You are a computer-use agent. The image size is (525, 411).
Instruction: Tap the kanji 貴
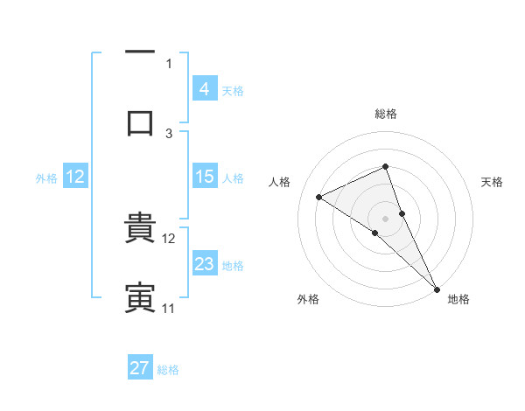click(140, 229)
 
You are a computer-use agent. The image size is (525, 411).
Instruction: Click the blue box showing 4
click(204, 88)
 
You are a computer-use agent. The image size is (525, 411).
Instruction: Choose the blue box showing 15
click(204, 177)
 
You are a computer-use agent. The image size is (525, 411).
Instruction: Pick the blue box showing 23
click(204, 264)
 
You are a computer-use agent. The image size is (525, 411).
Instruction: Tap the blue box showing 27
click(140, 368)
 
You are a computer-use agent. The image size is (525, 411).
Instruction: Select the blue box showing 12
click(75, 177)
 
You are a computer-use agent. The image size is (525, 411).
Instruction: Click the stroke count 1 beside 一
click(169, 63)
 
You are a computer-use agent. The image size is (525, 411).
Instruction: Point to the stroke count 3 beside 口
click(169, 134)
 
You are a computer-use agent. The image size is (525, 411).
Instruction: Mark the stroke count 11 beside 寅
click(168, 309)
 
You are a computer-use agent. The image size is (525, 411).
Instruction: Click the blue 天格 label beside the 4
click(233, 90)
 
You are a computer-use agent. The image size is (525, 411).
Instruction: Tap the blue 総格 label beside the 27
click(168, 370)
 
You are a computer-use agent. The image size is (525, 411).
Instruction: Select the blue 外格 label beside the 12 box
click(46, 178)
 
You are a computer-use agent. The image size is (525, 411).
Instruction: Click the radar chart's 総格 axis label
click(385, 114)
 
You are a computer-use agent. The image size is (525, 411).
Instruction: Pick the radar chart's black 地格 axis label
click(458, 300)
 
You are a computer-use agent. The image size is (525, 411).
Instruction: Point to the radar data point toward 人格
click(319, 197)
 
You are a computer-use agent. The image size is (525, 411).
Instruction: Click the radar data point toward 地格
click(437, 289)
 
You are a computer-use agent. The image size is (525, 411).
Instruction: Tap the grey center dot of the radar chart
click(385, 218)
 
